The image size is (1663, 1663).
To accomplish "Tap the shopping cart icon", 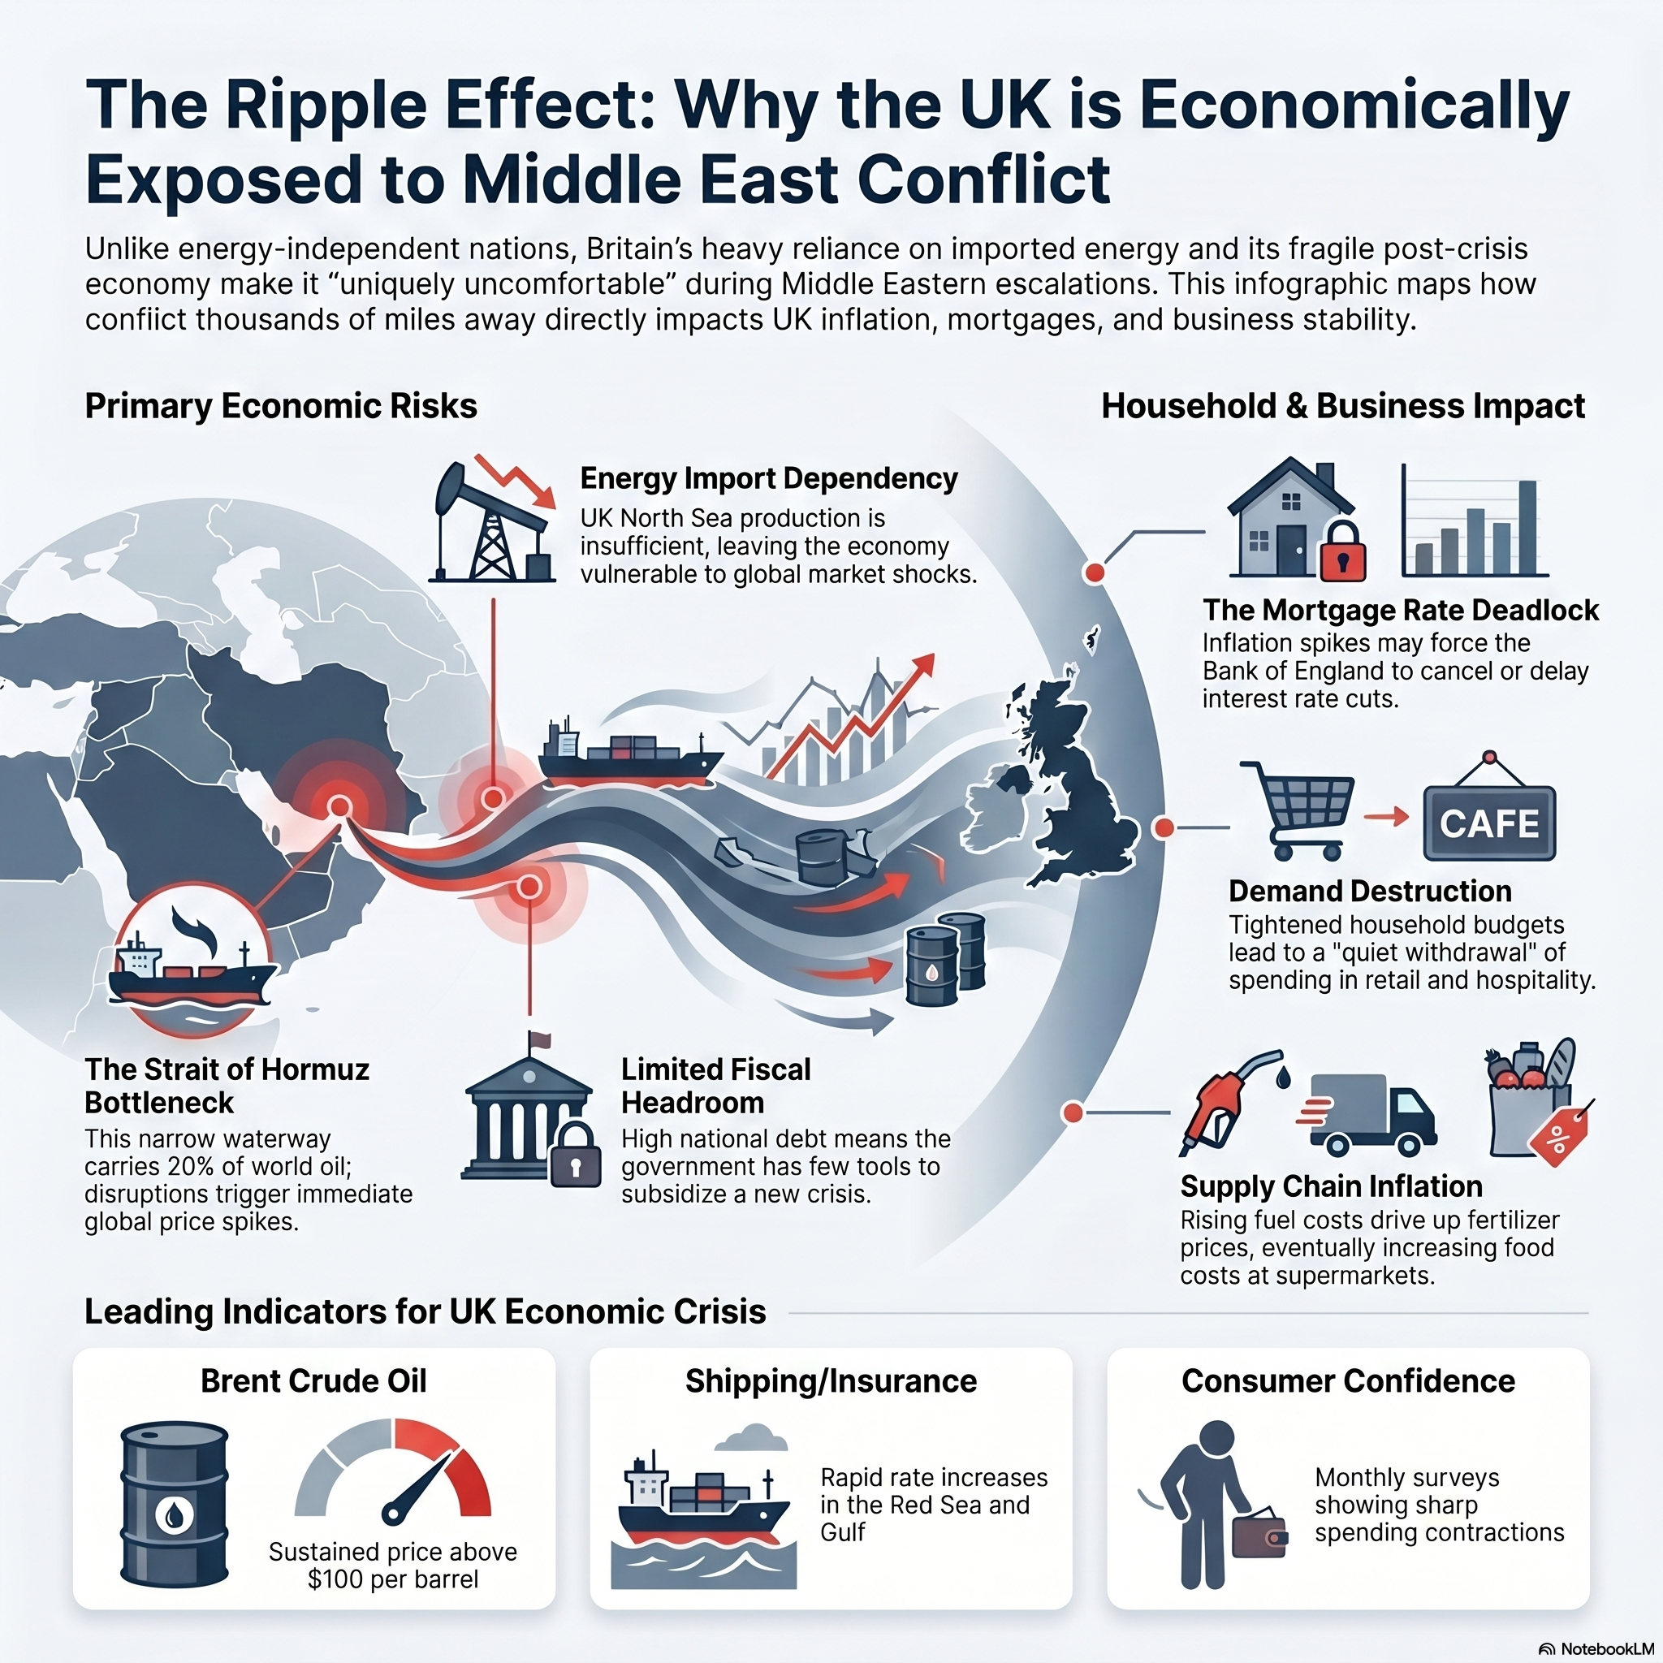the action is tap(1296, 810).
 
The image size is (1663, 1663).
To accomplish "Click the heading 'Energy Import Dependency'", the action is tap(769, 477).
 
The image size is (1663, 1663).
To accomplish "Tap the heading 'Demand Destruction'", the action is tap(1371, 890).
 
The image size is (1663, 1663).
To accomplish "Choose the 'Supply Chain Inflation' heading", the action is tap(1331, 1186).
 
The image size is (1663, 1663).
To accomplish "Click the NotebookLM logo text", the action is tap(1604, 1649).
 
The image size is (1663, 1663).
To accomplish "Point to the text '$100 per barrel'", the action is tap(392, 1579).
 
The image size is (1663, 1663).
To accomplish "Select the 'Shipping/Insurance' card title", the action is tap(831, 1380).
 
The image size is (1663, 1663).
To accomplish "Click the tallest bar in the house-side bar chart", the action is tap(1527, 528).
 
